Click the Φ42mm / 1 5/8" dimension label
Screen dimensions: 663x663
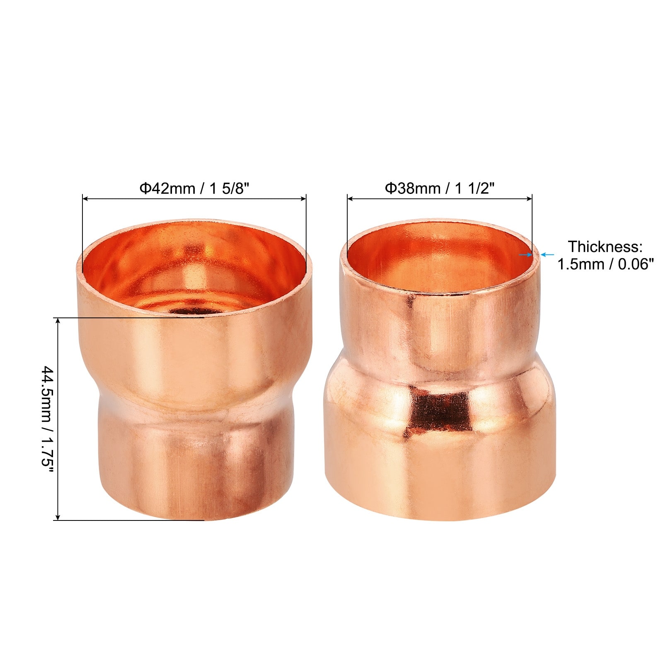(x=194, y=189)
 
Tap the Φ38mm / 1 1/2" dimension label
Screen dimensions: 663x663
(x=440, y=189)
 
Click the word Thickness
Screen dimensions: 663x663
(x=605, y=247)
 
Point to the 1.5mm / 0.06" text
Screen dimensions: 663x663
(x=605, y=264)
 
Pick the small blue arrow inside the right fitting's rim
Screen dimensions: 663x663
(x=525, y=255)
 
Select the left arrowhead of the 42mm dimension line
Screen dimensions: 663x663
(x=85, y=199)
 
